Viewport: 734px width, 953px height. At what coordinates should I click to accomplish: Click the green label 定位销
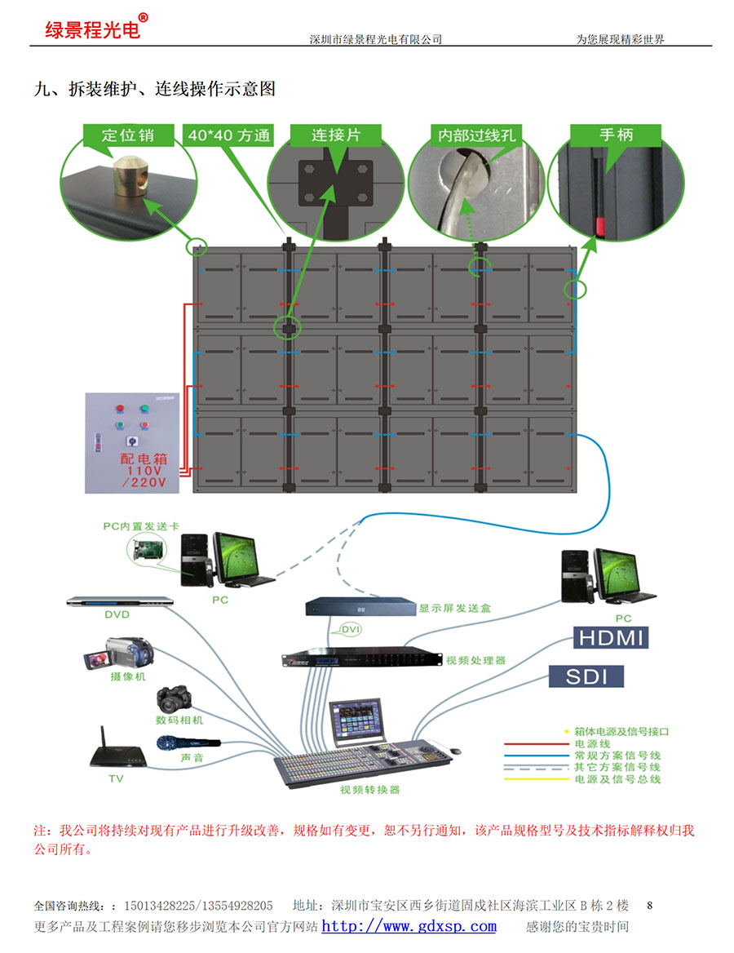tap(128, 135)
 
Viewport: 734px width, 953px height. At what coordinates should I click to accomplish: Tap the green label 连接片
tap(336, 135)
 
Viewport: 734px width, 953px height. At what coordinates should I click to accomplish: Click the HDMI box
tap(611, 637)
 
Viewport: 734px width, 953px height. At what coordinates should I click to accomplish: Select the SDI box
tap(586, 676)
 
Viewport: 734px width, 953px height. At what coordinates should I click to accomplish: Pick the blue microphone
tap(188, 742)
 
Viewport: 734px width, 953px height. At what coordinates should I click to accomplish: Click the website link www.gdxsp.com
tap(409, 926)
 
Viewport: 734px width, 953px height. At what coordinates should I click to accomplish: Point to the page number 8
tap(650, 905)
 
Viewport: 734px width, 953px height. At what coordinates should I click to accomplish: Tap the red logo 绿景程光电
tap(92, 29)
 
